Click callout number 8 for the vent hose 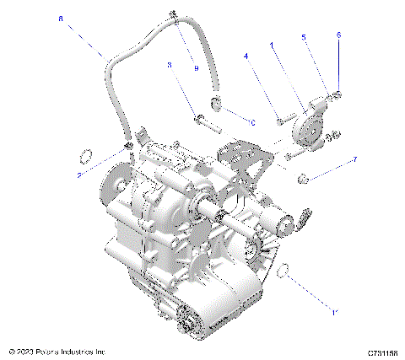click(x=61, y=17)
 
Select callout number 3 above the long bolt click(x=170, y=65)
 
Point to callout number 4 click(x=246, y=57)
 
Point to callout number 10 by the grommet click(x=251, y=121)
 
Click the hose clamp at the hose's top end click(x=173, y=14)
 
